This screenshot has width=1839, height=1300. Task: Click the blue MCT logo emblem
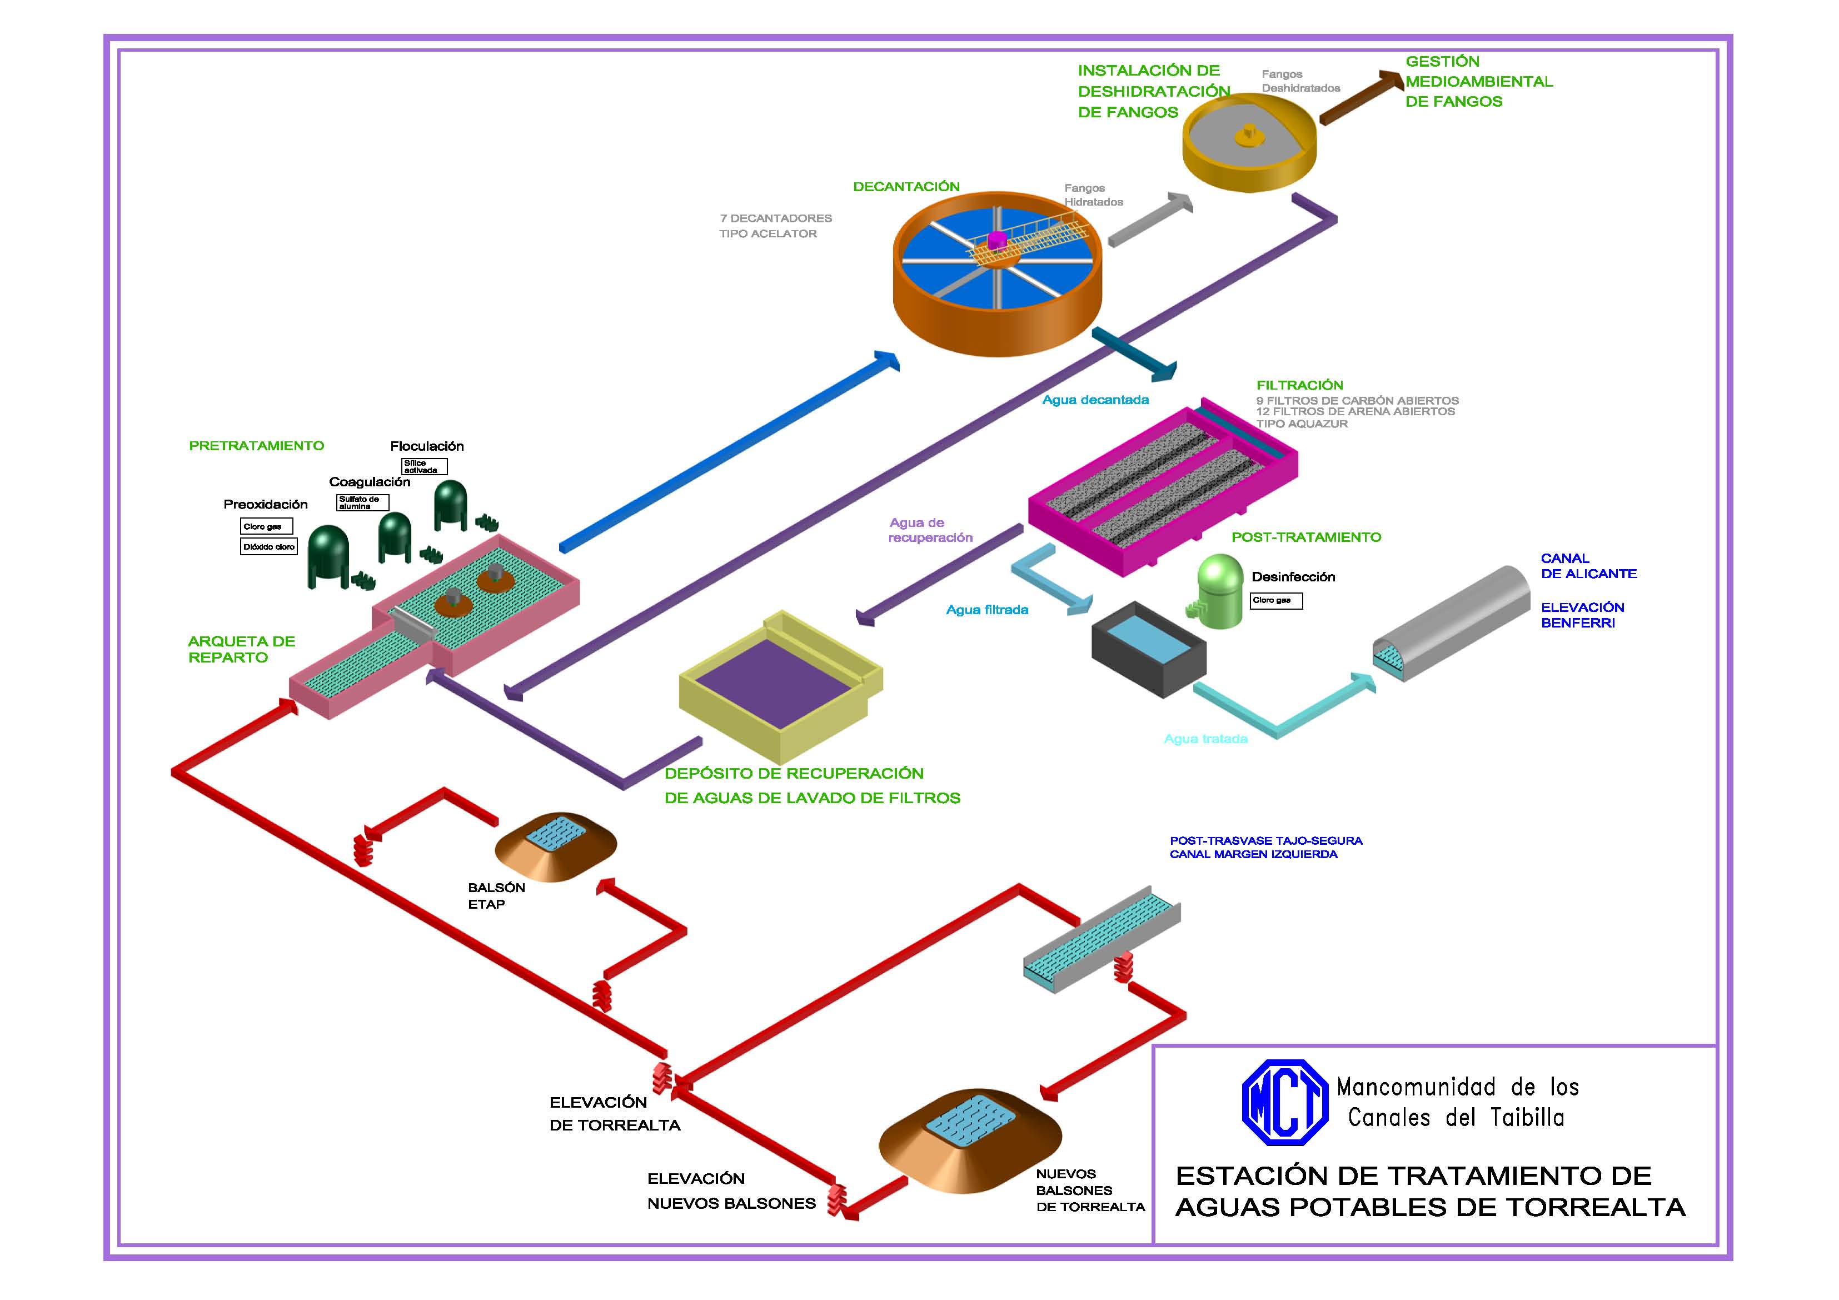tap(1284, 1102)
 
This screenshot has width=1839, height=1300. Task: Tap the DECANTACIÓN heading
tap(906, 187)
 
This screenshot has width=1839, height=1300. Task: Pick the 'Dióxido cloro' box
tap(269, 546)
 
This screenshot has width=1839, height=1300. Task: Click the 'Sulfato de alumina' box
tap(362, 502)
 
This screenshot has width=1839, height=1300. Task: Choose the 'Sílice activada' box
tap(423, 466)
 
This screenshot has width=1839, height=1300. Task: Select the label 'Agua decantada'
tap(1095, 400)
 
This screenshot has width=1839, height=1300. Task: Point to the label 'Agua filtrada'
tap(987, 610)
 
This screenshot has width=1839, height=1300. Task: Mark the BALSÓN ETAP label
tap(496, 895)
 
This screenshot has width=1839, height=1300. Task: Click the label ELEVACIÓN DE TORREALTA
tap(614, 1113)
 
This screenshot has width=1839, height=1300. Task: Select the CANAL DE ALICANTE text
tap(1588, 565)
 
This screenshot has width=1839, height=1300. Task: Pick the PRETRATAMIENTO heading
tap(256, 445)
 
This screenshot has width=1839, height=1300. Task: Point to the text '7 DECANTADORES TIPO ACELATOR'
tap(775, 226)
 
